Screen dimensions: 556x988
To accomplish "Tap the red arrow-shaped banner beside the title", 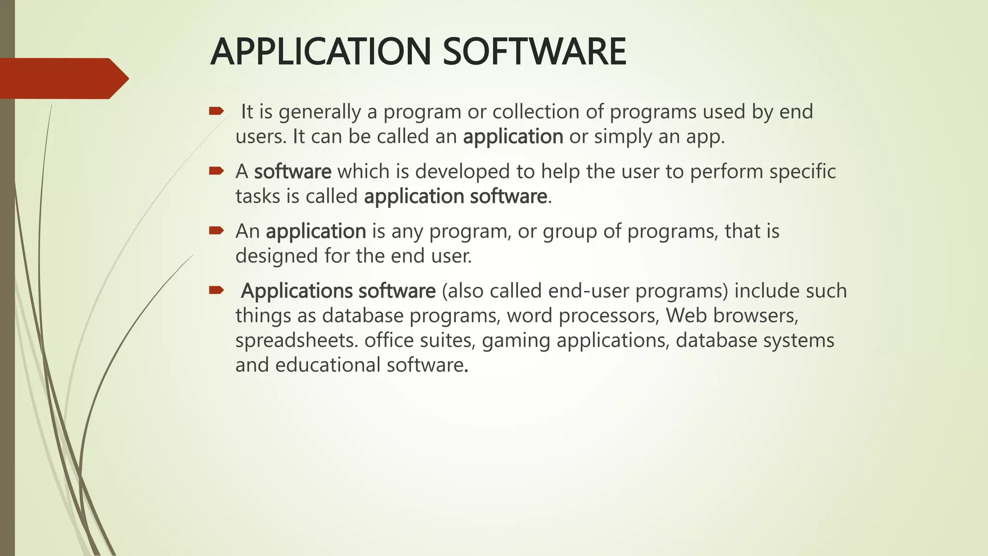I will (x=63, y=78).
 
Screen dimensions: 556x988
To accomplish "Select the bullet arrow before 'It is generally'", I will (x=216, y=112).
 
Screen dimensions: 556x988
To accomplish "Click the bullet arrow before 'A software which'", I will (x=216, y=171).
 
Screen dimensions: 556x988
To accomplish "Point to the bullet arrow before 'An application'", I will (x=216, y=231).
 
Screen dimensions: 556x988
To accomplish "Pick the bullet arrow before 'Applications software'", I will (x=216, y=290).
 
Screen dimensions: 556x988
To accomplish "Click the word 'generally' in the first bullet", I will (x=320, y=112).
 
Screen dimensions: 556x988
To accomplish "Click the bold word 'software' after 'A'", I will (x=292, y=172).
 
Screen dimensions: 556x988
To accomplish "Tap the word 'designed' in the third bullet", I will (x=276, y=256).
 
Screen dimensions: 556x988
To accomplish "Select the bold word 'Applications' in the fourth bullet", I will (x=297, y=292).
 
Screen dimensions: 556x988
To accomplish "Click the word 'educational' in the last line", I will (x=328, y=365).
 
